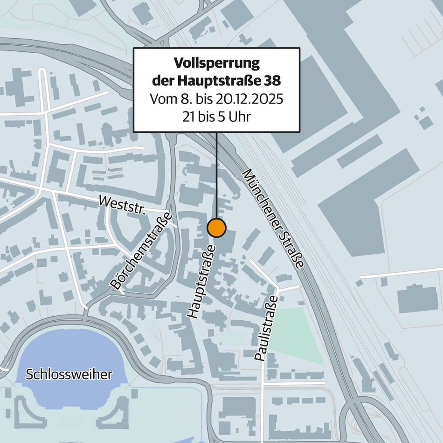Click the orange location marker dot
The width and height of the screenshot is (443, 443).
tap(216, 228)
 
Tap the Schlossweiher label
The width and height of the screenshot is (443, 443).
tap(69, 374)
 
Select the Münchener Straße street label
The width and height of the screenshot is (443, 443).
tap(273, 218)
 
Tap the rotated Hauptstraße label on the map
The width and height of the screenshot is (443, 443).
tap(201, 282)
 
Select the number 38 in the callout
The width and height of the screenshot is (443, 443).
tap(272, 81)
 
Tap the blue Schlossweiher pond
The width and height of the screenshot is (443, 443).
tap(70, 354)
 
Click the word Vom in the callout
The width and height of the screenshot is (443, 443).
tap(161, 99)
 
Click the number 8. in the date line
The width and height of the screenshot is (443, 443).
tap(182, 99)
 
